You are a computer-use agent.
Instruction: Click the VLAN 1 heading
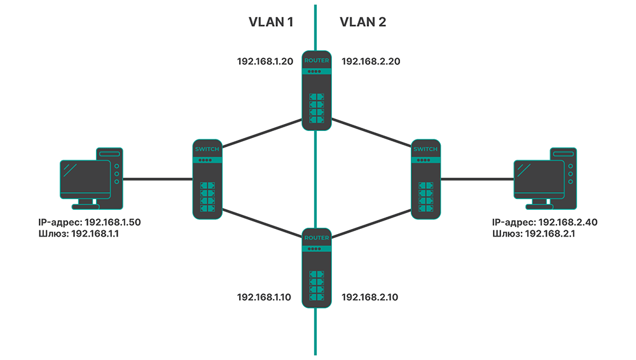point(270,22)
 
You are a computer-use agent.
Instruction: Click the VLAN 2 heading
point(363,22)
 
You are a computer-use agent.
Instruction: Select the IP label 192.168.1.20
point(265,62)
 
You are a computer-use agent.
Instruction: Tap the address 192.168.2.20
point(371,62)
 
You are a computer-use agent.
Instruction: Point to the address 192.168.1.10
point(265,297)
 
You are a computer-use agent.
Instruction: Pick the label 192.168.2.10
point(371,297)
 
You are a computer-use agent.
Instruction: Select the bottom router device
point(316,268)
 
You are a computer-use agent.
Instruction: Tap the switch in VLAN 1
point(207,179)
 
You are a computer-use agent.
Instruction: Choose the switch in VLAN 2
point(425,179)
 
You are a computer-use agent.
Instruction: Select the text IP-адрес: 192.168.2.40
point(544,223)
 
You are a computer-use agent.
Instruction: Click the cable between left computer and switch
point(157,179)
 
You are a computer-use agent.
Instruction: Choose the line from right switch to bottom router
point(372,223)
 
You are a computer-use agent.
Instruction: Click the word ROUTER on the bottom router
point(316,237)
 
